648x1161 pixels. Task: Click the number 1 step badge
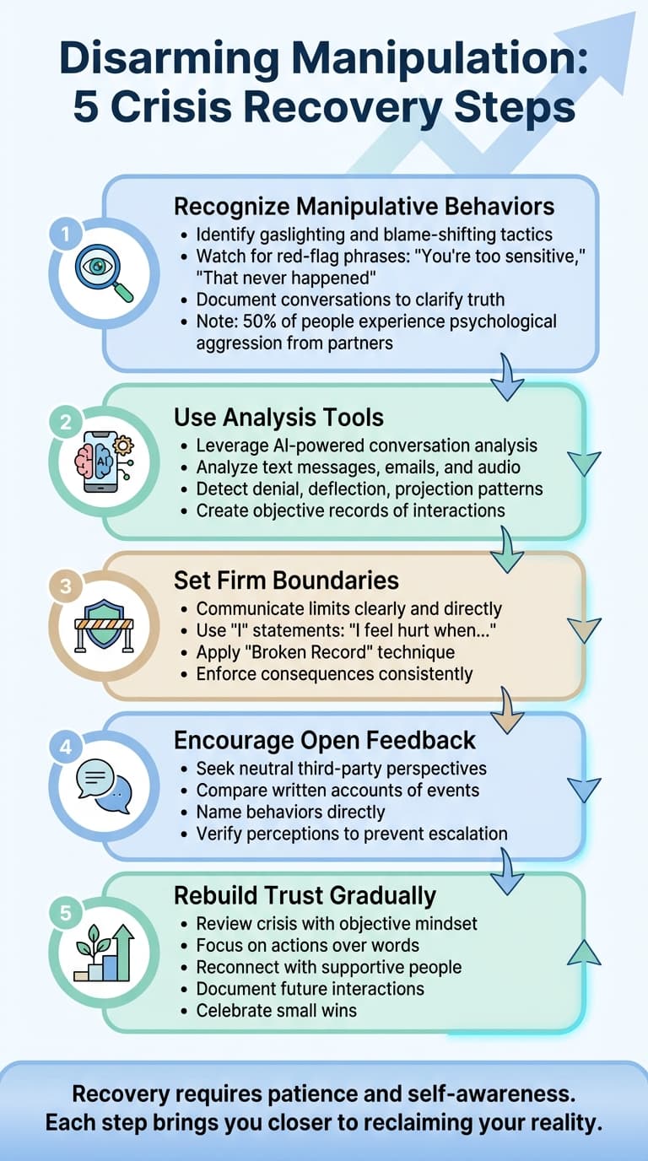(65, 235)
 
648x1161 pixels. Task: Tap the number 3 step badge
(65, 586)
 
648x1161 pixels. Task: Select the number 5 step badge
(65, 912)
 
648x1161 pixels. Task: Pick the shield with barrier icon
(104, 625)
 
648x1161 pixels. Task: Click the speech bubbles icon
(104, 786)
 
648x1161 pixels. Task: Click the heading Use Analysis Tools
(278, 417)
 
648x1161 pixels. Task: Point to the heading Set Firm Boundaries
(286, 580)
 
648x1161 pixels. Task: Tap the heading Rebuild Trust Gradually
(305, 896)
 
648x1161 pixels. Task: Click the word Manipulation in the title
(434, 58)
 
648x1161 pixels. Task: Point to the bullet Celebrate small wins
(276, 1011)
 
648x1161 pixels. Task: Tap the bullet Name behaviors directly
(290, 812)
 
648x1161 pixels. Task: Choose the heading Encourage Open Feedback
(325, 740)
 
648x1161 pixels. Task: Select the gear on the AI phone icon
(123, 445)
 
